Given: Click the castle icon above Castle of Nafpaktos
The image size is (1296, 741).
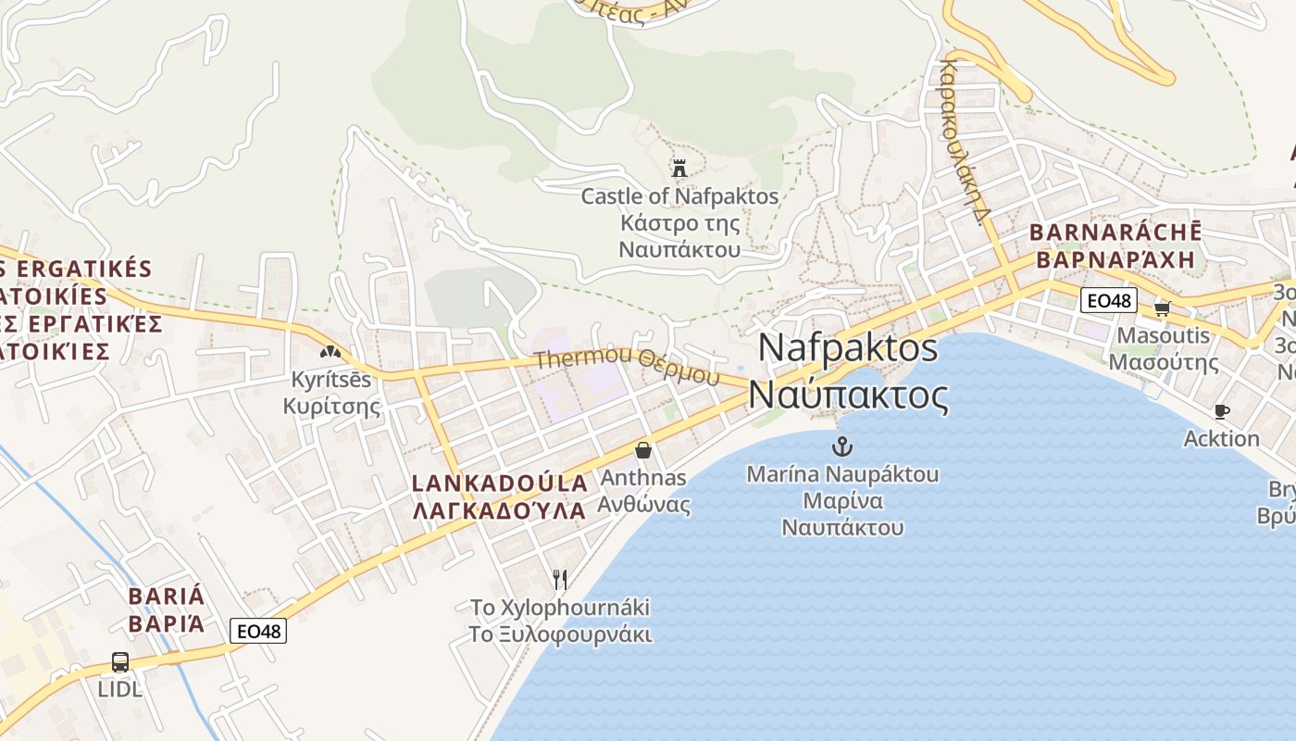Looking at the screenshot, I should click(679, 168).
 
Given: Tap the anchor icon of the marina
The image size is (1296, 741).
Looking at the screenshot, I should click(841, 446).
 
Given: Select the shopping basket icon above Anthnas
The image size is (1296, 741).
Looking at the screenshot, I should click(643, 450).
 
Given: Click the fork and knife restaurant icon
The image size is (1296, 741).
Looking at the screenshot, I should click(559, 580).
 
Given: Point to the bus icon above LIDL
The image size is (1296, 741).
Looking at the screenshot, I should click(120, 662).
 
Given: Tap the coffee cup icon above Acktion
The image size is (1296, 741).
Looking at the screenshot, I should click(1221, 411).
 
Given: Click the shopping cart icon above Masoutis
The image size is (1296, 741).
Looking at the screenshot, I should click(1162, 308).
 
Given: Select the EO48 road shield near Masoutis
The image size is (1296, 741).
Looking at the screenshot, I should click(1108, 300).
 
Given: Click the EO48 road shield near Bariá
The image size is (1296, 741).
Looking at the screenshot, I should click(258, 631).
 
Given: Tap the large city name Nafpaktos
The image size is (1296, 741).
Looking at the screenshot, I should click(848, 348).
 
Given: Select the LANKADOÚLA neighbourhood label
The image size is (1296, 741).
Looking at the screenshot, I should click(500, 483).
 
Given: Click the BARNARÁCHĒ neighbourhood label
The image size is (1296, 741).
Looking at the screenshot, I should click(1115, 232).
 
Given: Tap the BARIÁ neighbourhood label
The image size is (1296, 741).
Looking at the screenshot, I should click(167, 596).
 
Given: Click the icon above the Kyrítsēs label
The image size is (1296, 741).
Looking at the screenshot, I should click(330, 352).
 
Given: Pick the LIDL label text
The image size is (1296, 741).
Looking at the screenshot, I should click(120, 689).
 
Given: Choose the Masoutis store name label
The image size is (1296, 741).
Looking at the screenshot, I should click(1164, 334).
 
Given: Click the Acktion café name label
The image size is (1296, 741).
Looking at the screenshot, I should click(1221, 438).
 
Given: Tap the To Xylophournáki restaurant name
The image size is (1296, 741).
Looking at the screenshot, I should click(560, 608).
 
